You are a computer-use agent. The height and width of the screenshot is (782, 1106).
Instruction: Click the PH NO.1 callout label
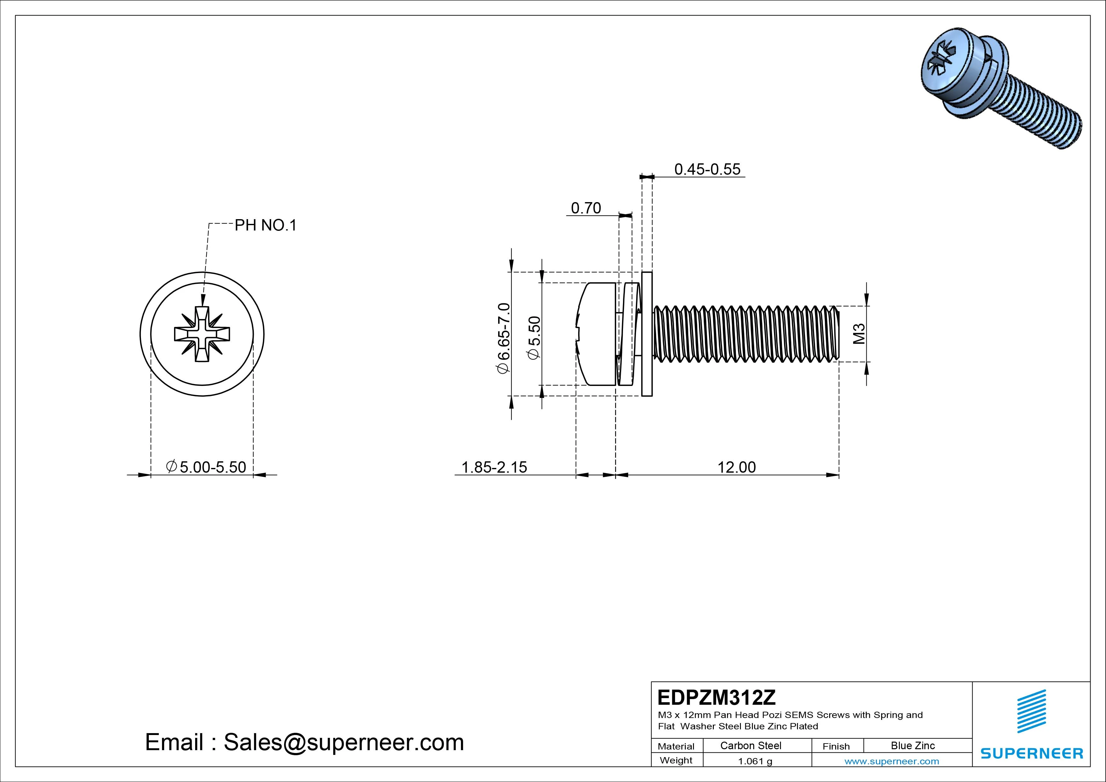click(x=265, y=225)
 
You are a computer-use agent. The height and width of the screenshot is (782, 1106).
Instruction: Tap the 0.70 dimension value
click(x=586, y=208)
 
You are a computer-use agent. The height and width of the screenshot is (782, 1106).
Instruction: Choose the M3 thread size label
click(x=859, y=333)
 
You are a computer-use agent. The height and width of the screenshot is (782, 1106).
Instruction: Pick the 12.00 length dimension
click(x=736, y=467)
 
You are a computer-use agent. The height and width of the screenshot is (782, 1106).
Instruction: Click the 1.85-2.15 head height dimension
click(x=494, y=467)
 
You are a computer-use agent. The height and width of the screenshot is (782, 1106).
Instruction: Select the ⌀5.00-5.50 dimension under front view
click(x=206, y=467)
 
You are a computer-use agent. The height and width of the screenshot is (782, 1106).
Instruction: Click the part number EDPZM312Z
click(x=717, y=697)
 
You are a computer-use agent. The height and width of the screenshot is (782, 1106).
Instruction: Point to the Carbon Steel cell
click(x=750, y=745)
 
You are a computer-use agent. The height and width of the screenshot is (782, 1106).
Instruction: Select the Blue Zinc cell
click(x=913, y=745)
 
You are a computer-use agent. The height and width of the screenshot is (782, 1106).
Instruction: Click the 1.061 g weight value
click(x=755, y=761)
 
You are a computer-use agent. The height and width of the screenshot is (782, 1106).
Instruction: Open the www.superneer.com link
click(x=892, y=761)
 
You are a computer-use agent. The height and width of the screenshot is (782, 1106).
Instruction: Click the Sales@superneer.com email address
click(x=343, y=742)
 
